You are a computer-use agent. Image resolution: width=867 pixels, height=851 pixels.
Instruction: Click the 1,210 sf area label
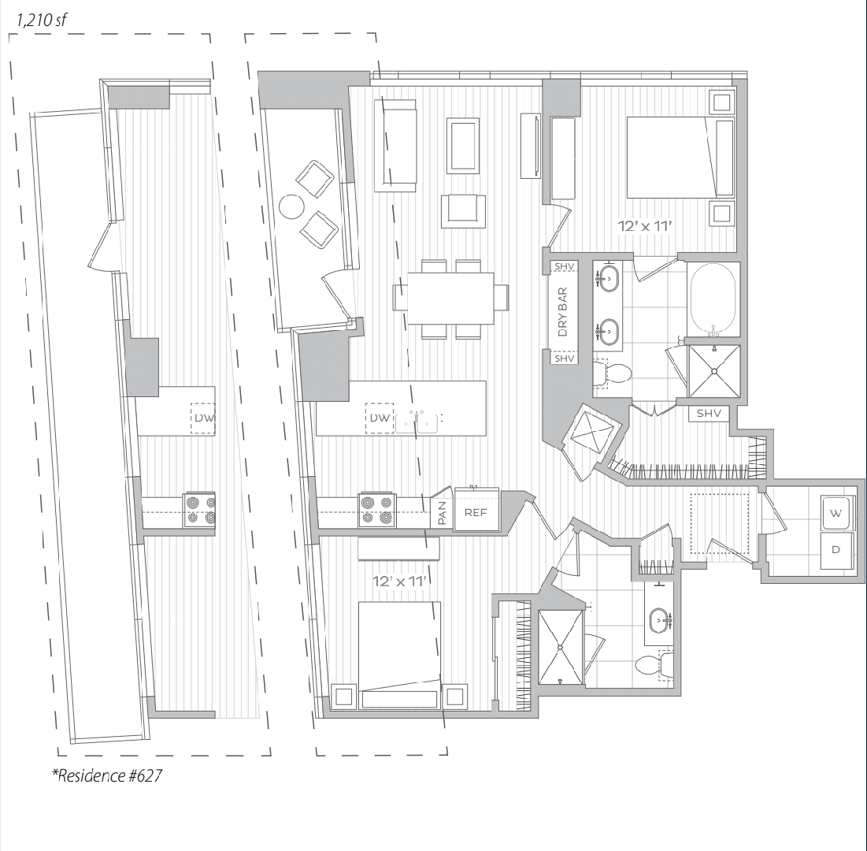42,20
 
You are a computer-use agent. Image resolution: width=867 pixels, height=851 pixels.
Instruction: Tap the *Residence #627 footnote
107,775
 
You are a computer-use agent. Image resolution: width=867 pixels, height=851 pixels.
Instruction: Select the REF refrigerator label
476,512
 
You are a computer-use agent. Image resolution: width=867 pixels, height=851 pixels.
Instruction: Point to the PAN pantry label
442,513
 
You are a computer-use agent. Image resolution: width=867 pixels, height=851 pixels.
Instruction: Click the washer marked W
836,513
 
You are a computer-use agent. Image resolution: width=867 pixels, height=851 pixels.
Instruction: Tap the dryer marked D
836,550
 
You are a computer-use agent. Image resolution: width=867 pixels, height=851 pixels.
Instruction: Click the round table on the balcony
291,207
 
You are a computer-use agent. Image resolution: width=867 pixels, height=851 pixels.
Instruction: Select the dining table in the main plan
450,298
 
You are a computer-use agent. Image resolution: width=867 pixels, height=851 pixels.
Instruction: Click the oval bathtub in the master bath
713,299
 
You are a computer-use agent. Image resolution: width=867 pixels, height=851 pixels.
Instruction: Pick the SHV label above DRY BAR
564,266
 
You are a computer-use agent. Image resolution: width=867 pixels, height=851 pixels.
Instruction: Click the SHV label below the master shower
708,414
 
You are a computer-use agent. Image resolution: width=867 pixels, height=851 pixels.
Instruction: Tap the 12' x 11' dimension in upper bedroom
644,226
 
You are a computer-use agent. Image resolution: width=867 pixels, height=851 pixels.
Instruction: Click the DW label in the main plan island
380,418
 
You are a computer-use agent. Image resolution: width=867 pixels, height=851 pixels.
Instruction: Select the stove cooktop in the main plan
377,510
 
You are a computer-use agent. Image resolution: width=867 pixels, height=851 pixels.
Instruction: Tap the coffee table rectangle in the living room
463,146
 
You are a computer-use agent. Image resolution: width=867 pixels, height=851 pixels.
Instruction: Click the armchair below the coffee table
463,211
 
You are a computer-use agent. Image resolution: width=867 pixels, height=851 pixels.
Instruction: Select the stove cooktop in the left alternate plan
199,510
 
